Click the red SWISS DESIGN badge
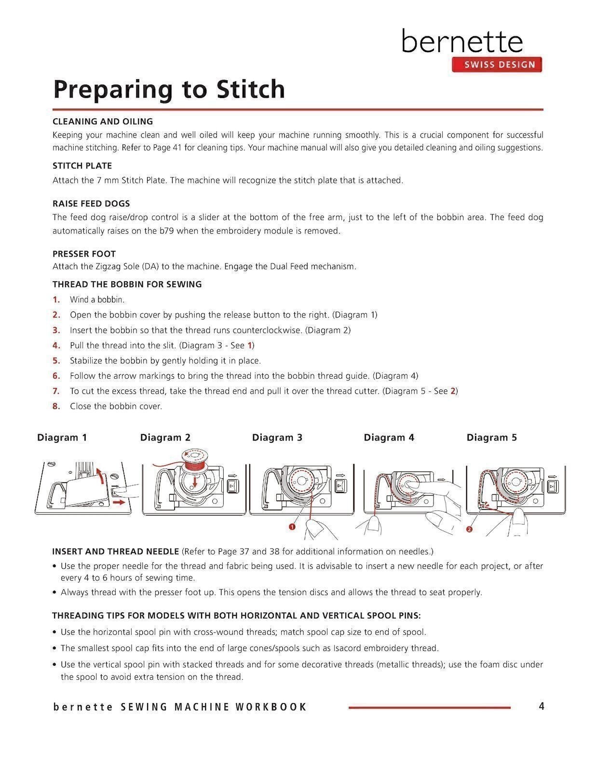[497, 65]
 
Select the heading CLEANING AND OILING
[103, 122]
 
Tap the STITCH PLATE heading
[82, 166]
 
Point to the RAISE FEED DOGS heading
[91, 204]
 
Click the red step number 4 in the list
[56, 345]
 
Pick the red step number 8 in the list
[56, 406]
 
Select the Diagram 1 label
[62, 438]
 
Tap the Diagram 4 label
[389, 438]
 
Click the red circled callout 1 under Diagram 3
[292, 526]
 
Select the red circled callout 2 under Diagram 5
[469, 529]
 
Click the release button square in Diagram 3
[340, 486]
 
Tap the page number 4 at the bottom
[541, 706]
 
